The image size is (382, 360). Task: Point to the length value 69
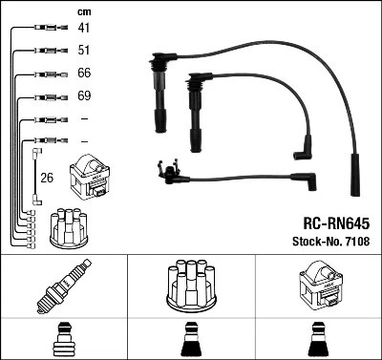pyautogui.click(x=84, y=96)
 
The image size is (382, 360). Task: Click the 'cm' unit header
pyautogui.click(x=84, y=11)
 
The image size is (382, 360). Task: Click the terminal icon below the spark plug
pyautogui.click(x=62, y=339)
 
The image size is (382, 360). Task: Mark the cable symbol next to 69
pyautogui.click(x=45, y=96)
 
